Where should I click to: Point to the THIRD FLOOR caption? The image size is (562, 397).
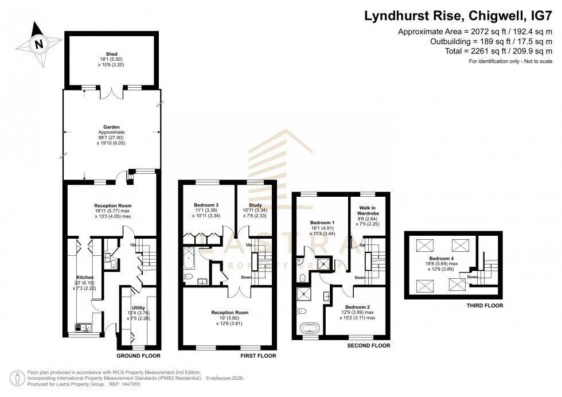pos(485,306)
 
